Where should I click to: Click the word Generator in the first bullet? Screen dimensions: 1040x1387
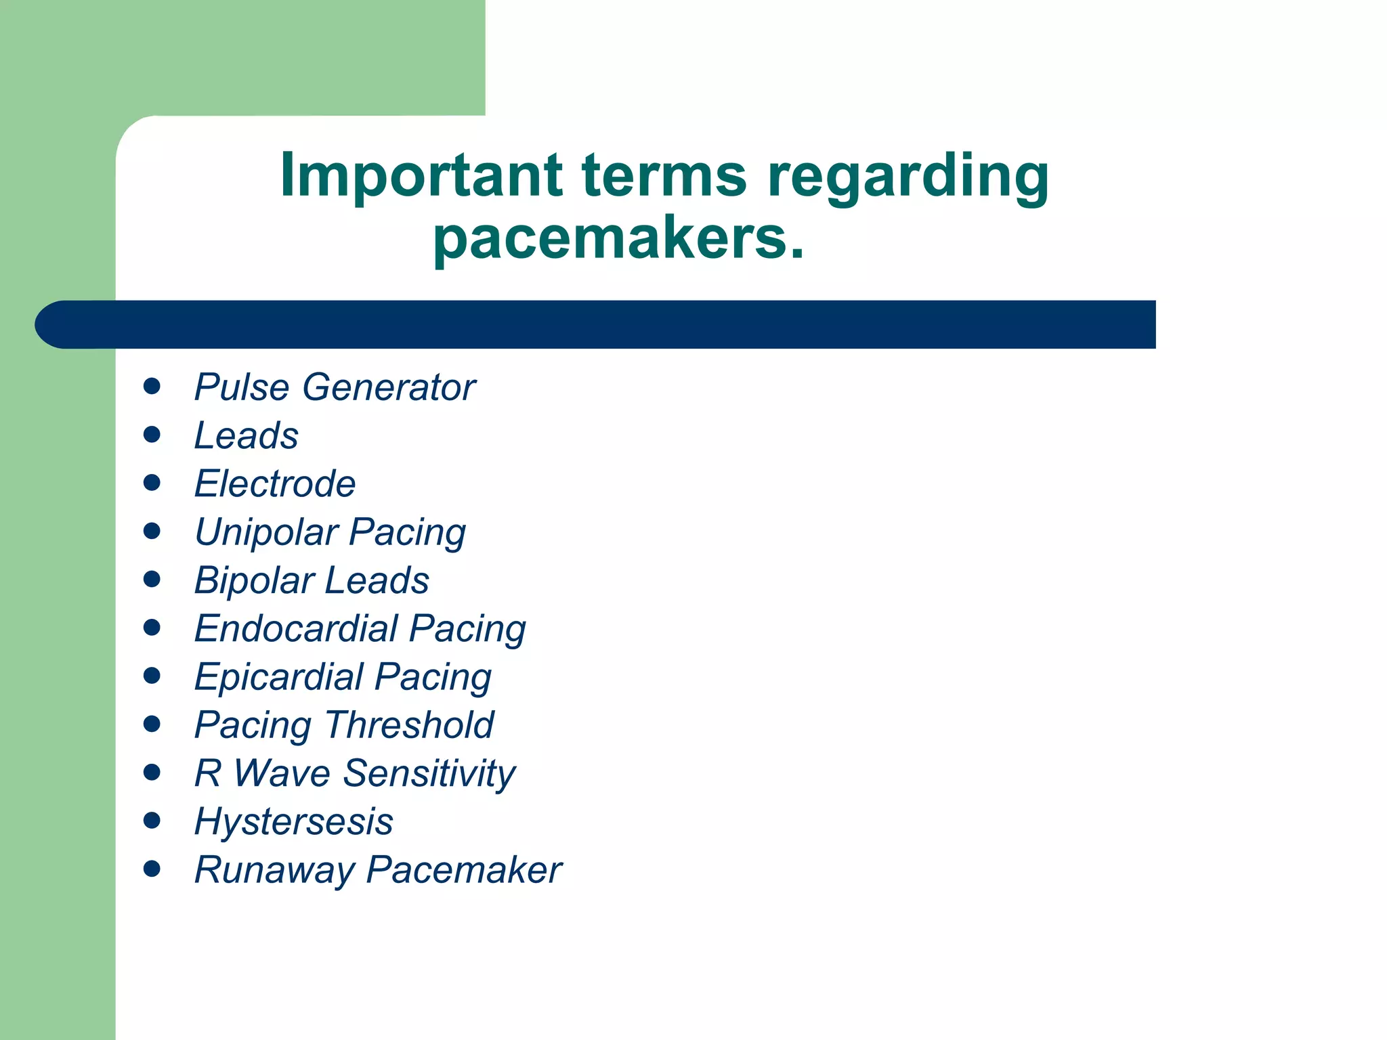pyautogui.click(x=389, y=387)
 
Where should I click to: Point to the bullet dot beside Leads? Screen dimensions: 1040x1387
pyautogui.click(x=152, y=435)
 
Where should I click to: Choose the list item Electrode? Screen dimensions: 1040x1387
pyautogui.click(x=274, y=483)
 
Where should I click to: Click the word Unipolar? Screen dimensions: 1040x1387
pyautogui.click(x=266, y=532)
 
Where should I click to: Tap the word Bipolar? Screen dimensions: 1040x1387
pyautogui.click(x=254, y=581)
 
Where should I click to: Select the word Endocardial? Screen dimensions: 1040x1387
pyautogui.click(x=295, y=628)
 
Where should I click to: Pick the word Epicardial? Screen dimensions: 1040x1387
pyautogui.click(x=278, y=677)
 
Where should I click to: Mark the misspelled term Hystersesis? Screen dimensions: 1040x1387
pyautogui.click(x=293, y=822)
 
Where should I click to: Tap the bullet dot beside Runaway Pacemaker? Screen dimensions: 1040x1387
pyautogui.click(x=152, y=869)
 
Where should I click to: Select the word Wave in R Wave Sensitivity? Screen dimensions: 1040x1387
pyautogui.click(x=282, y=773)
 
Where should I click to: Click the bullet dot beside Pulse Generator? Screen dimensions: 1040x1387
pyautogui.click(x=152, y=387)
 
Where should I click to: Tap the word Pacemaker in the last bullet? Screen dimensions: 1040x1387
pyautogui.click(x=464, y=870)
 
